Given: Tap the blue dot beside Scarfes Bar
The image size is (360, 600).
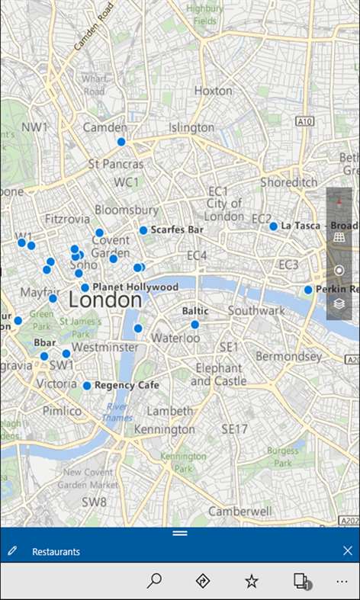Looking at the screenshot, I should (143, 230).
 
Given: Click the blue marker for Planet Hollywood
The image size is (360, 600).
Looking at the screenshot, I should (85, 288).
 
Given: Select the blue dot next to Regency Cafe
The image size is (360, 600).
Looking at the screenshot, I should (87, 387).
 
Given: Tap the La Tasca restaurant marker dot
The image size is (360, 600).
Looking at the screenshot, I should (273, 226).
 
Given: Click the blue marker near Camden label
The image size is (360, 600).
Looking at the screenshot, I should (121, 142).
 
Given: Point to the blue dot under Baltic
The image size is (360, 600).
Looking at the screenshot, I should (194, 325).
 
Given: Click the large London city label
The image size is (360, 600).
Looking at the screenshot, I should (104, 300).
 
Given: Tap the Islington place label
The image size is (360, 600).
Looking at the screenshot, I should (191, 127).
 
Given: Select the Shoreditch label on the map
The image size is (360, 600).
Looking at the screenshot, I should (288, 183).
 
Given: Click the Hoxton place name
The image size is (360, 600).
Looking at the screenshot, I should (213, 90).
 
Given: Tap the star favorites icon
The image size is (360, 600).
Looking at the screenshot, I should (251, 581).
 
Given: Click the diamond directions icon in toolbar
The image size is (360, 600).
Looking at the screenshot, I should (202, 581).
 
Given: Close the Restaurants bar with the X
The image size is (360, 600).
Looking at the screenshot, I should (348, 550).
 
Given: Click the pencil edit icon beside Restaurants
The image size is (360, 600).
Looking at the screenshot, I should (12, 551).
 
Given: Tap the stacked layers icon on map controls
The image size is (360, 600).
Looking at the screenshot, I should (339, 303).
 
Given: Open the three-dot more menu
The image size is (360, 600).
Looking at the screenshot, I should (342, 581).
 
